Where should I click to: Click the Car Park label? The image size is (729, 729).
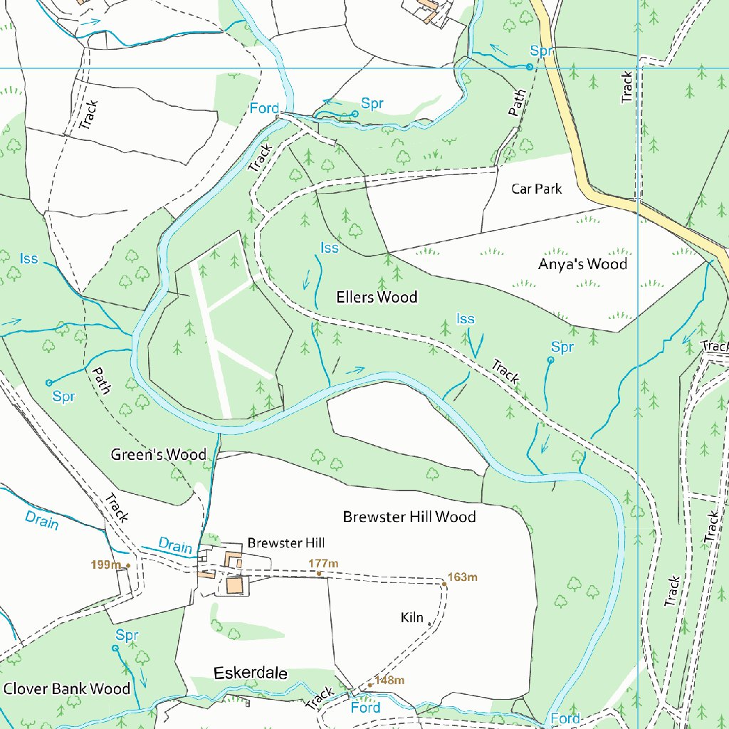pos(536,189)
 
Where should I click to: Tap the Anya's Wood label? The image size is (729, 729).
pos(582,264)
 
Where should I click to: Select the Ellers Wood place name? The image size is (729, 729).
pos(377,297)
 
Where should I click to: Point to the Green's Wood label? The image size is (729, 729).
pos(158,454)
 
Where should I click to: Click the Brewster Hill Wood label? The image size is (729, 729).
pos(409,516)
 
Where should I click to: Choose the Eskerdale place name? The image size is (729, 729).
pos(251,673)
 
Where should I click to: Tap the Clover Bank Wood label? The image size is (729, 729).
pos(67,688)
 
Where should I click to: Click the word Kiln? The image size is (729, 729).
pos(412,617)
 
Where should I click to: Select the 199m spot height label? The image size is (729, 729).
pos(106,565)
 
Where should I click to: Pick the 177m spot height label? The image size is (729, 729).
pos(323,564)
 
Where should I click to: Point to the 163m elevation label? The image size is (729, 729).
pos(462,577)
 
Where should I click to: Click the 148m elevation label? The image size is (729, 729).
pos(389,681)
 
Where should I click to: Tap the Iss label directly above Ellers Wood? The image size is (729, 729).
pos(329,248)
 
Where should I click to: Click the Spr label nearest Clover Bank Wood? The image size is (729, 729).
pos(127,634)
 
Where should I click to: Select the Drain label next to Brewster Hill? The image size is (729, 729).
pos(175,547)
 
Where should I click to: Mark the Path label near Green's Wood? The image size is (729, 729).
pos(100,381)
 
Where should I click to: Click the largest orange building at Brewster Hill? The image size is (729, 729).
pos(234,585)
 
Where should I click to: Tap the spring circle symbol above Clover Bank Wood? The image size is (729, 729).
pos(115,648)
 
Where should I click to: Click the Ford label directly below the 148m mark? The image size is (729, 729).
pos(365,708)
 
